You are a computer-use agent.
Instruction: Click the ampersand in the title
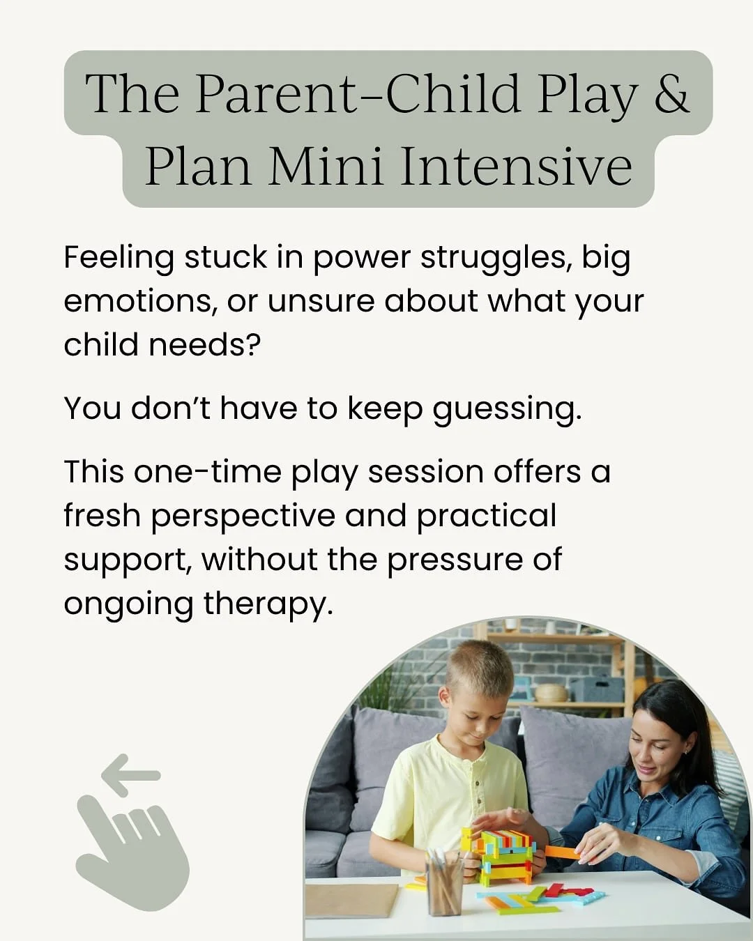click(x=671, y=94)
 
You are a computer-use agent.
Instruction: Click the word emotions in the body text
click(x=137, y=301)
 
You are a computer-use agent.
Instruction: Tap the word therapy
click(x=268, y=604)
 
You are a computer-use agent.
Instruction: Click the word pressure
click(x=455, y=560)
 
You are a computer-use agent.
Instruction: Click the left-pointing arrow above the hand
click(x=130, y=774)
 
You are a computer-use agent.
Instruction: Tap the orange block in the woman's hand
click(x=562, y=852)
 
